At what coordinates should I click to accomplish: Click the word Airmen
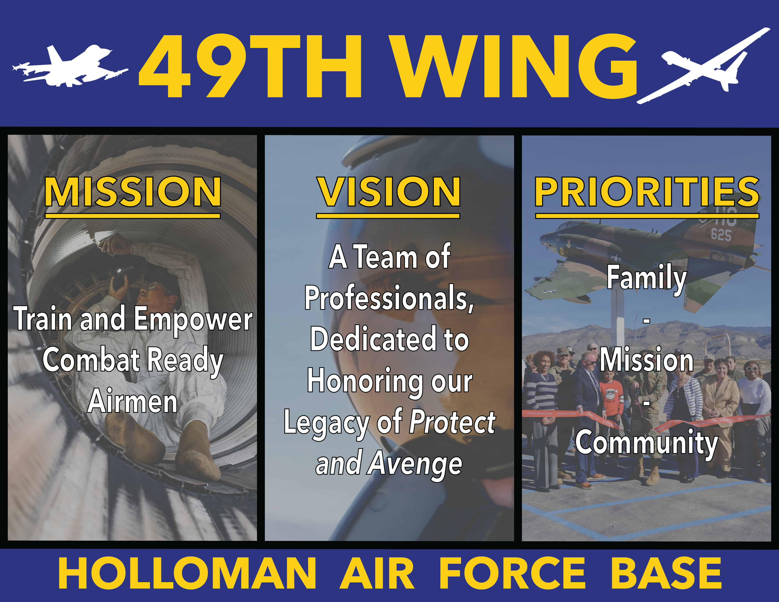(x=133, y=401)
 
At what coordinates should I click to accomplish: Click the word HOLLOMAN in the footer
(x=187, y=574)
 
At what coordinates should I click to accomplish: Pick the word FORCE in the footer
(x=512, y=574)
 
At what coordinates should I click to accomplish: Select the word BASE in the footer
(x=666, y=574)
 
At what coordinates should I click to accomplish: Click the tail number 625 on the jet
(x=721, y=235)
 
